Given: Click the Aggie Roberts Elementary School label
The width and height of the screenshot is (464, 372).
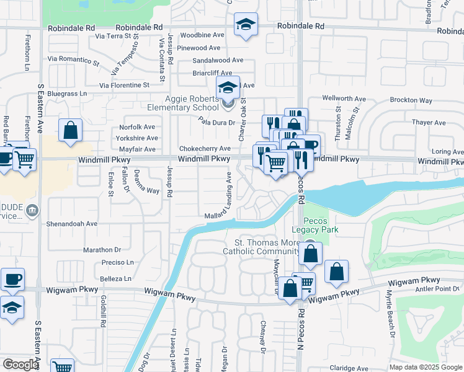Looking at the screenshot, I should click(192, 103).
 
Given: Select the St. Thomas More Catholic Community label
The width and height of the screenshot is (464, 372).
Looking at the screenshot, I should click(262, 246).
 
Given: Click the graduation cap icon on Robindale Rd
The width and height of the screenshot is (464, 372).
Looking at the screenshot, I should click(246, 25).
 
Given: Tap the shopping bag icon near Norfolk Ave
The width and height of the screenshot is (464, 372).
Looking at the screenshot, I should click(71, 131).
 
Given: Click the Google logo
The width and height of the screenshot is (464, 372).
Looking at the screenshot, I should click(20, 365).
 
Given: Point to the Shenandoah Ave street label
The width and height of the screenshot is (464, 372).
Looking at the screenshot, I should click(73, 223).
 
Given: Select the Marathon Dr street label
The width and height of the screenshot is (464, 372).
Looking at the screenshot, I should click(102, 249).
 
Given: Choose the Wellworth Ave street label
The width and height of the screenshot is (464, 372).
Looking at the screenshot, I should click(344, 99).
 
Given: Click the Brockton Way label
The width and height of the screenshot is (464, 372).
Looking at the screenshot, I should click(411, 100).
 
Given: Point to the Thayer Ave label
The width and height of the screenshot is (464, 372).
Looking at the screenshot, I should click(429, 122).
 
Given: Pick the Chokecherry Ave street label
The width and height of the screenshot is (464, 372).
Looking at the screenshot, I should click(205, 149).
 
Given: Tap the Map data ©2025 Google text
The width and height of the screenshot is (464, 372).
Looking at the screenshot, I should click(424, 367).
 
